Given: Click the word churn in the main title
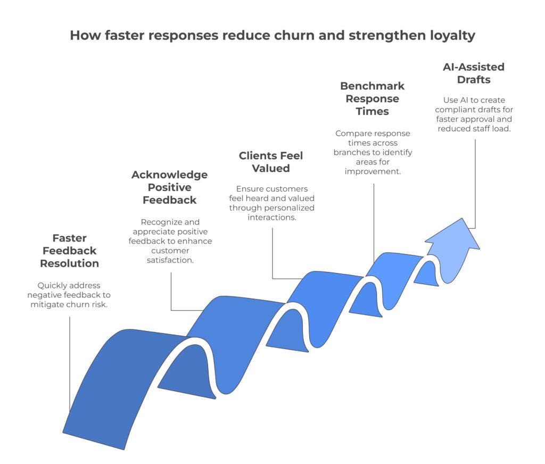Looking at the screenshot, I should coord(300,36).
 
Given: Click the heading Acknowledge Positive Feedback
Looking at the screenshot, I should coord(169,187).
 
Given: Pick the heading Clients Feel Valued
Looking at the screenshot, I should coord(271,162).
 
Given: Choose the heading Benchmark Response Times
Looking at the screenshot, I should coord(373,98).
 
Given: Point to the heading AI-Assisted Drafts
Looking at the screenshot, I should coord(474,73).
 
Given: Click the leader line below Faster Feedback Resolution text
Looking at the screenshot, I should coord(70,362).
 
